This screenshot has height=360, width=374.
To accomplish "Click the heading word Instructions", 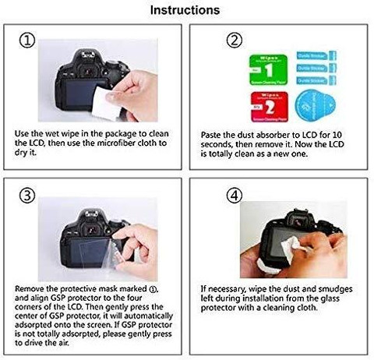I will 185,10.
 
